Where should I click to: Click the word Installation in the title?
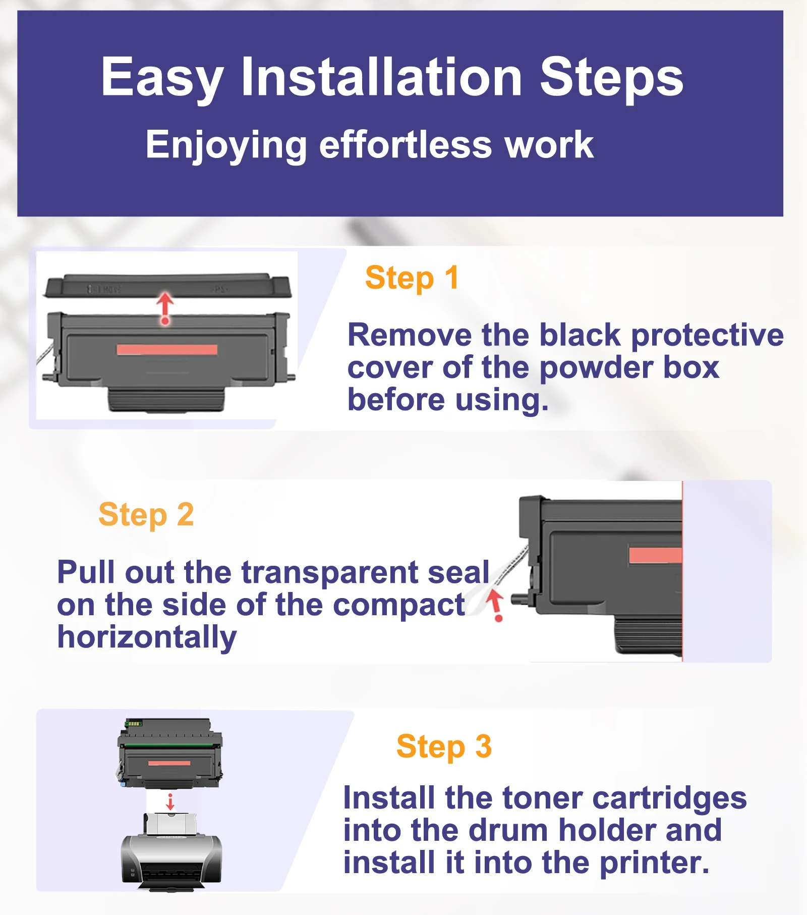click(x=381, y=77)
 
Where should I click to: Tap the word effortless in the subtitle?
click(x=405, y=145)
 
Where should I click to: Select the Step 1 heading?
click(x=412, y=278)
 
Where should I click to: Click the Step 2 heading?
click(x=146, y=515)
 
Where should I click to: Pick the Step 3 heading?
click(x=444, y=746)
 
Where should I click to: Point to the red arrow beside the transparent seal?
click(x=496, y=606)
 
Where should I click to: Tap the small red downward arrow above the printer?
click(x=170, y=802)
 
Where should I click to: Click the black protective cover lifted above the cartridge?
click(x=168, y=286)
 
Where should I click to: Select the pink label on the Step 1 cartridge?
click(x=167, y=350)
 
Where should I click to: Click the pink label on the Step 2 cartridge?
click(x=655, y=555)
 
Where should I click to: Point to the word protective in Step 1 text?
click(x=707, y=336)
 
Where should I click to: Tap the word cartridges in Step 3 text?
click(x=669, y=799)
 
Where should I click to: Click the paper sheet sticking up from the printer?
click(x=170, y=824)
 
